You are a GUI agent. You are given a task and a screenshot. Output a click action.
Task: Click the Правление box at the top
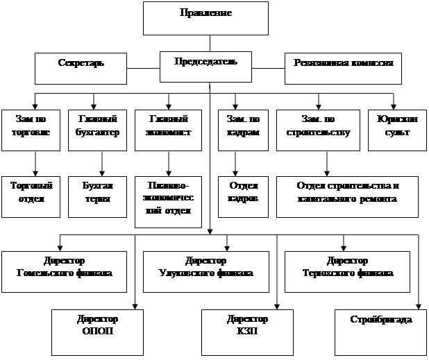[x=205, y=18]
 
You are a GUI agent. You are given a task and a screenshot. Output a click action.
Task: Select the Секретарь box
[x=81, y=68]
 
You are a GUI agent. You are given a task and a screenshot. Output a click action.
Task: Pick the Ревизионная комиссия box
[x=344, y=68]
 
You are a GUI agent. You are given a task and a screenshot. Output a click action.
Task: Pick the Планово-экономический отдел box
[x=168, y=198]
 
